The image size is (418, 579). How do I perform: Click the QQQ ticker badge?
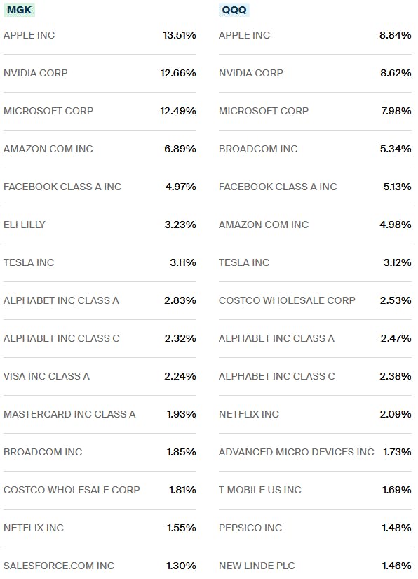click(x=234, y=10)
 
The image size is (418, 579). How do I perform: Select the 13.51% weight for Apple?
click(x=180, y=35)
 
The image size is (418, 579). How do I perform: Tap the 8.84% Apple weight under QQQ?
click(x=395, y=35)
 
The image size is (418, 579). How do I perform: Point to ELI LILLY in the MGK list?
click(x=25, y=225)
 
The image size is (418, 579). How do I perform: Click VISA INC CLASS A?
click(x=46, y=376)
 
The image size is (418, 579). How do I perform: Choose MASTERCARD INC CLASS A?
click(x=69, y=414)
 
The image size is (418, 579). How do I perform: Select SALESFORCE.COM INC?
click(x=59, y=566)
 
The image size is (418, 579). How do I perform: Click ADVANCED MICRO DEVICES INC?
click(x=296, y=452)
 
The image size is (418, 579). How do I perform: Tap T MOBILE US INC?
click(x=259, y=490)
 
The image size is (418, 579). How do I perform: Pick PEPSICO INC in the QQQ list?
click(x=250, y=528)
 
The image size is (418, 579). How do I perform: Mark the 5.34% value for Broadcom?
click(x=395, y=149)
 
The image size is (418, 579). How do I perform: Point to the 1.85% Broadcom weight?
click(x=181, y=452)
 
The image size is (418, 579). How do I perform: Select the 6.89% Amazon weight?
click(x=180, y=149)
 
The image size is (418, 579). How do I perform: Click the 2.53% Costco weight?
click(x=395, y=300)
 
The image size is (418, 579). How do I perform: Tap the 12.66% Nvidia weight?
click(x=180, y=73)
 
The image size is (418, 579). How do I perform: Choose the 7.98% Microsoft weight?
click(x=395, y=111)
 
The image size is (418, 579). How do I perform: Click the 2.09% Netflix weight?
click(x=395, y=414)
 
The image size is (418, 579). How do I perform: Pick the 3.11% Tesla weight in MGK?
click(x=181, y=262)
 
